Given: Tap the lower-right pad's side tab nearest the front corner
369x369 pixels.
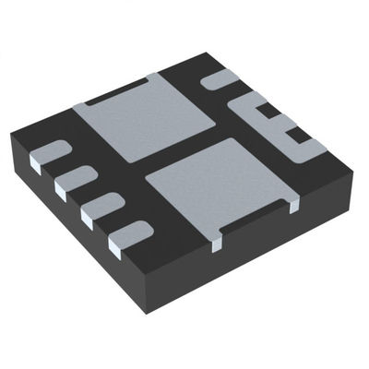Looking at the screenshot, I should [x=217, y=241].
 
